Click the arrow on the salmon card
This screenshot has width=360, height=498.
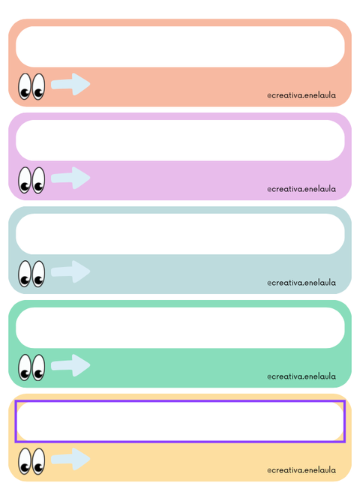[x=70, y=84]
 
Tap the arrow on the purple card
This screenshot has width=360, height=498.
[x=70, y=178]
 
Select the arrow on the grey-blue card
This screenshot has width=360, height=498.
[x=70, y=271]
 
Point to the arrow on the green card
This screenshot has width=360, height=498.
[x=70, y=365]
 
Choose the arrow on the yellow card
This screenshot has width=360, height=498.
[x=70, y=459]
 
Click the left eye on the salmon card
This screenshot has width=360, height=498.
[x=25, y=87]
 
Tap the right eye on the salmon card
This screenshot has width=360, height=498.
[x=38, y=87]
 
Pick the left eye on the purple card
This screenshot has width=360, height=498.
[x=25, y=180]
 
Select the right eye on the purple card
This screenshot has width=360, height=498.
[x=38, y=180]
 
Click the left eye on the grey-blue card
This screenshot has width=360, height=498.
[x=25, y=274]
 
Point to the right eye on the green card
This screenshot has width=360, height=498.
[x=38, y=367]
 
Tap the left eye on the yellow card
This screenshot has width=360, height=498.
[x=25, y=461]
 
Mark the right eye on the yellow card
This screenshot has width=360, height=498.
[x=38, y=461]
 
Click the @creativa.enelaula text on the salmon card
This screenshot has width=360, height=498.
[x=301, y=95]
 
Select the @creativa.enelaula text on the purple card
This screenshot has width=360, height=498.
[x=301, y=189]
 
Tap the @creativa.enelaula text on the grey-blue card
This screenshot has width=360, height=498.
[x=301, y=282]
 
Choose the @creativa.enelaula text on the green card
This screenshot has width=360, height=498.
[x=301, y=376]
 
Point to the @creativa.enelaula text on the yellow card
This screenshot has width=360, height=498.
[x=301, y=469]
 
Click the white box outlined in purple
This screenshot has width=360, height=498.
[x=180, y=421]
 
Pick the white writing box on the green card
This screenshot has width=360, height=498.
[x=180, y=328]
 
